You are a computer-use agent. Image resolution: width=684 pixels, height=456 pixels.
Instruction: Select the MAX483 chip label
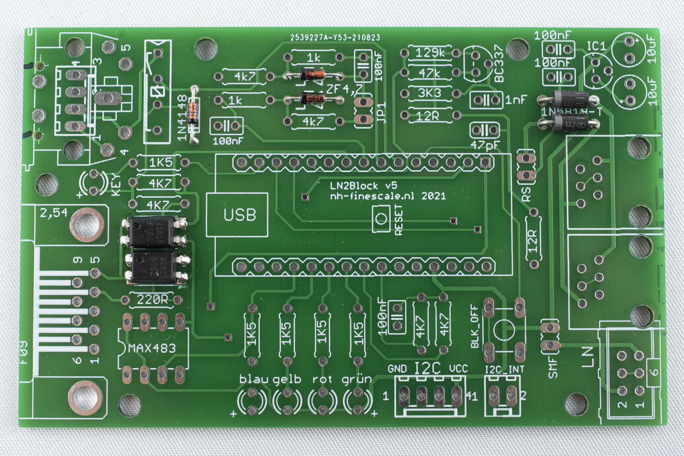tap(152, 348)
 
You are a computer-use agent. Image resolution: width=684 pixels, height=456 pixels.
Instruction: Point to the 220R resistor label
tap(152, 300)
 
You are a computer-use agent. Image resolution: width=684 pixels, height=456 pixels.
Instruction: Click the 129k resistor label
tap(430, 53)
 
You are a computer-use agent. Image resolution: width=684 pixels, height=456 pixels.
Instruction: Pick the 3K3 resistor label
tap(429, 93)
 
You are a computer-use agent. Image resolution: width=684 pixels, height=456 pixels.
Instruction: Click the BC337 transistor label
tap(499, 64)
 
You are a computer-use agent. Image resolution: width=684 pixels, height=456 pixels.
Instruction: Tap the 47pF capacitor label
tap(485, 145)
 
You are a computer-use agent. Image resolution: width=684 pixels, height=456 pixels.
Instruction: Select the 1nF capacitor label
tap(516, 100)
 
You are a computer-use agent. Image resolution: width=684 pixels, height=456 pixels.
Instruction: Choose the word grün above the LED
tap(357, 379)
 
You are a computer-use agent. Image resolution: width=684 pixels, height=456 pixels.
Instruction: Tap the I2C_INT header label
tap(504, 369)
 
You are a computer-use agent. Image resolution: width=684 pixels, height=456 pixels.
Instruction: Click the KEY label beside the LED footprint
tap(116, 185)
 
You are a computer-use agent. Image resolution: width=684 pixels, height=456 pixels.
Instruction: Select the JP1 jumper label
tap(381, 112)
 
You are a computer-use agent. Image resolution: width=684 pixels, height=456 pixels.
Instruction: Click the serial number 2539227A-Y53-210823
tap(335, 38)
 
